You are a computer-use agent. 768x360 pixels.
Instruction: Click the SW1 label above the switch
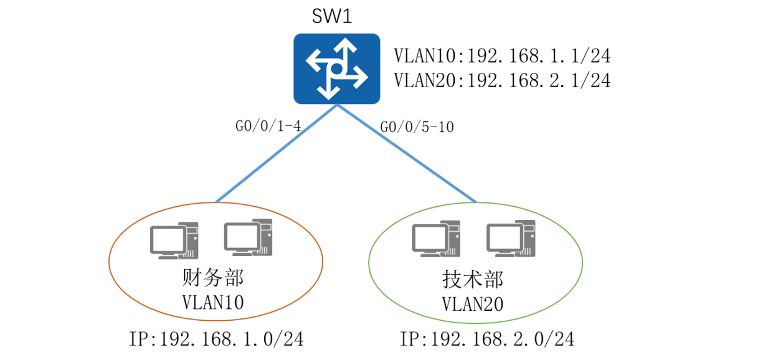coord(332,17)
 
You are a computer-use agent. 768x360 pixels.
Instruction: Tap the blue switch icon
coord(336,68)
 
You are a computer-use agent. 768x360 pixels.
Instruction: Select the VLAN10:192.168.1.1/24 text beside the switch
coord(501,55)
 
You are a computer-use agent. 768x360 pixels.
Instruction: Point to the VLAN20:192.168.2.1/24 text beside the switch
coord(501,80)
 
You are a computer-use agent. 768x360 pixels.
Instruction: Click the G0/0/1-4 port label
coord(268,126)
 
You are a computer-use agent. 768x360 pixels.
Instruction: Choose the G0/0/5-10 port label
coord(417,128)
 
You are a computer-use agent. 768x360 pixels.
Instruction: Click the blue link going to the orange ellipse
coord(277,153)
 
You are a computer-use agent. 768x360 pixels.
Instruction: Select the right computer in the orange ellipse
coord(248,237)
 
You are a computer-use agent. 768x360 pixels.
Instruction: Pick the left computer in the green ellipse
coord(435,239)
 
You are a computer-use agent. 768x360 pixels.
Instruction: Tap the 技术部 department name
coord(473,280)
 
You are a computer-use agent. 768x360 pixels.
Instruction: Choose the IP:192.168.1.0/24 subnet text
coord(216,339)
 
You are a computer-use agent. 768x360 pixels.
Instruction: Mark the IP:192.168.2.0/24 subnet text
coord(486,339)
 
